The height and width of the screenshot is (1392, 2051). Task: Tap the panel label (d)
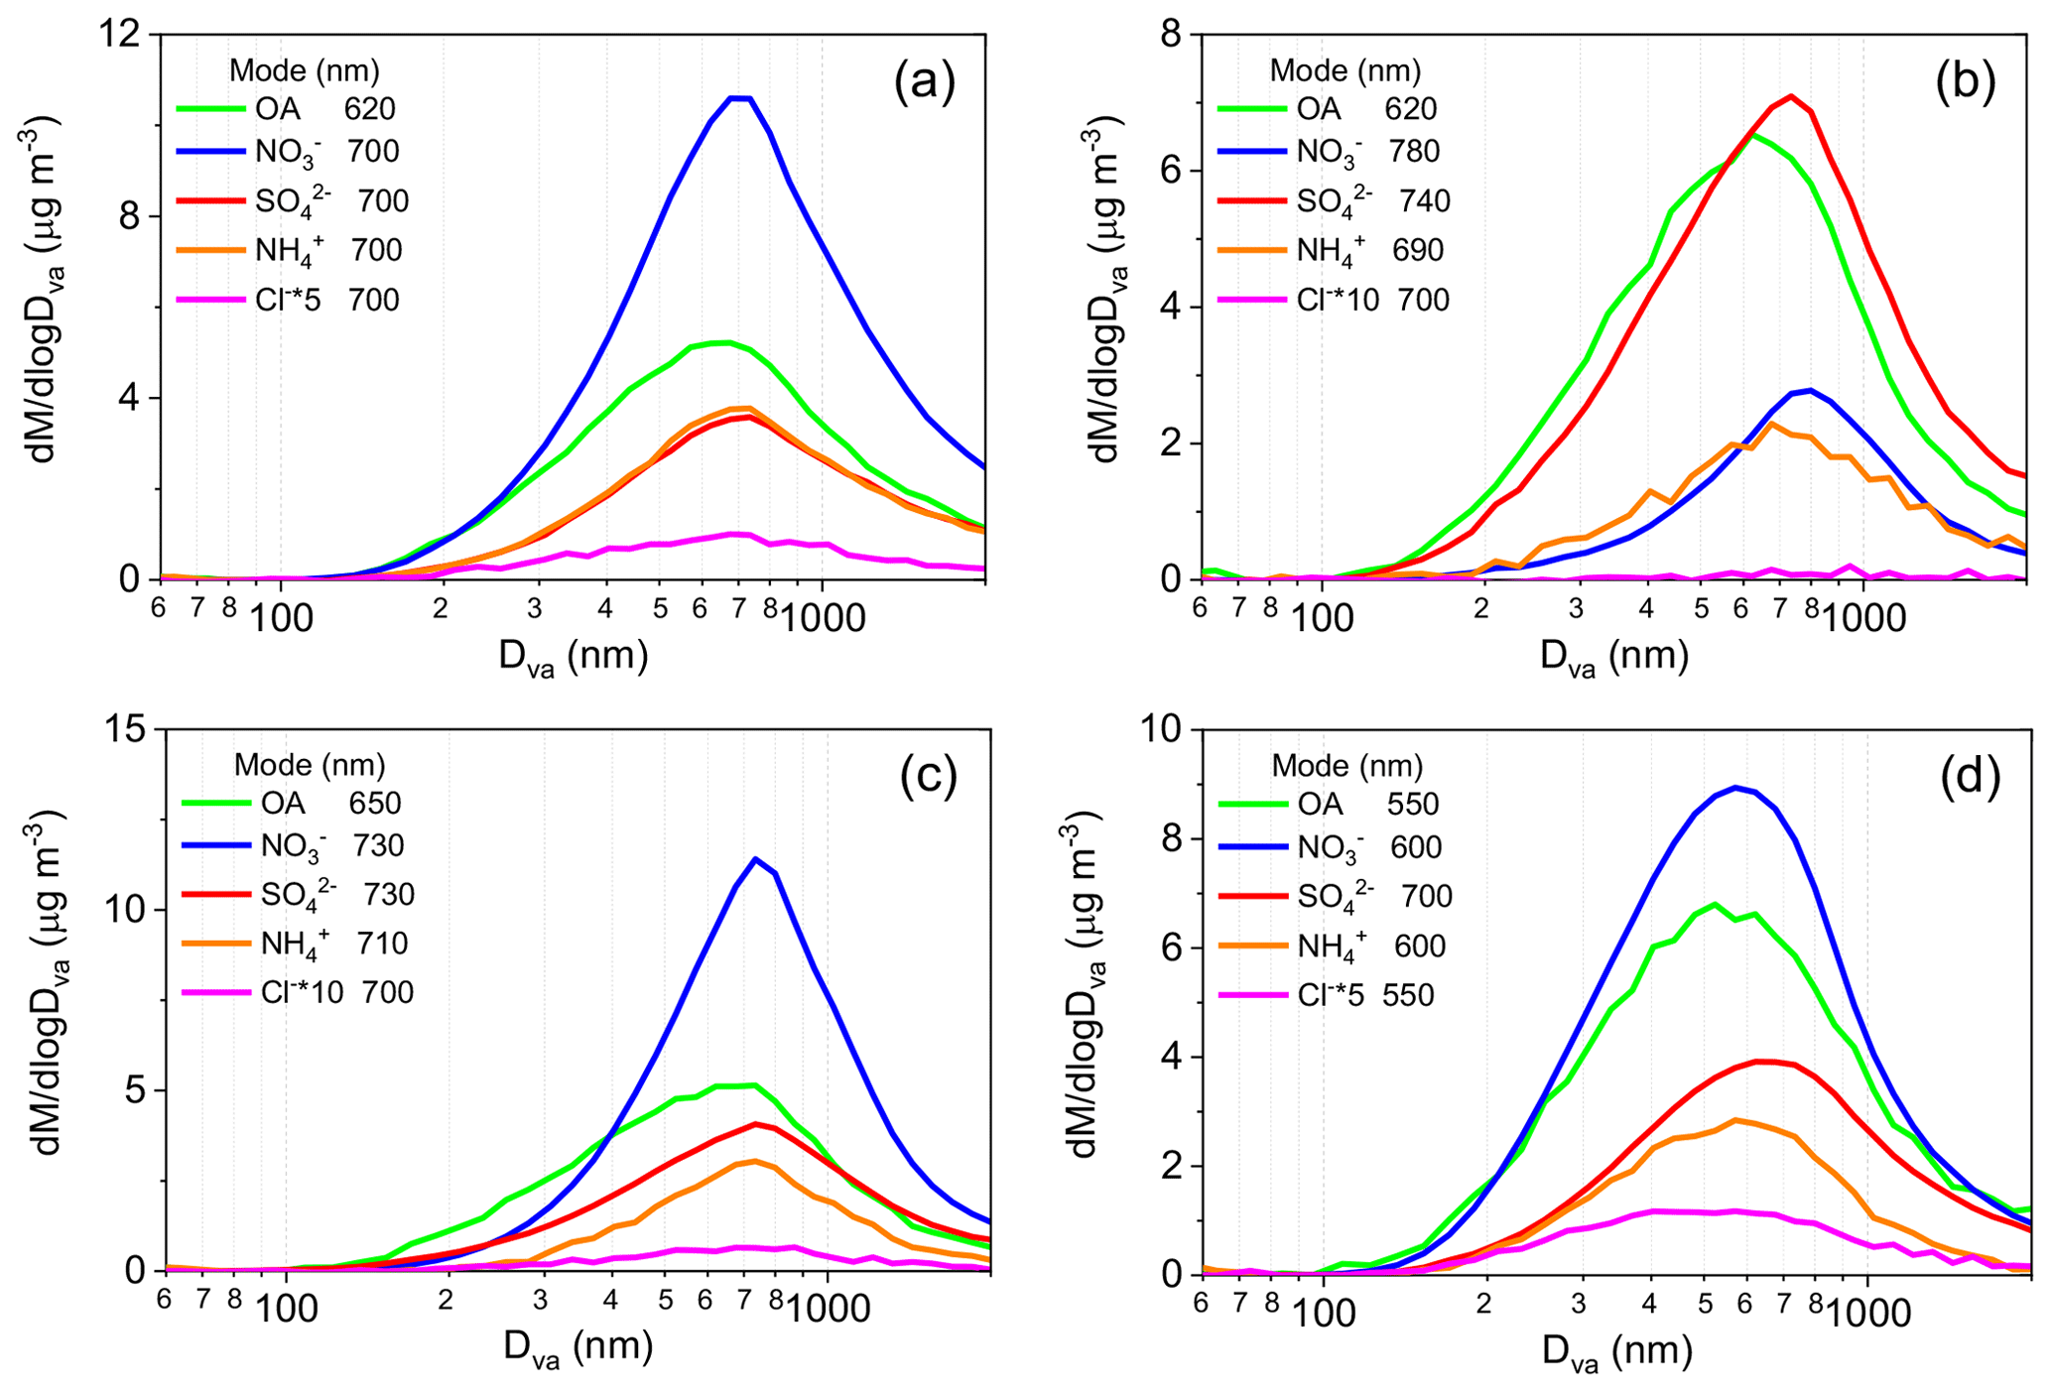click(1970, 777)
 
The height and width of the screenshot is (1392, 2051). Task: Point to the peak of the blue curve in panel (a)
click(740, 98)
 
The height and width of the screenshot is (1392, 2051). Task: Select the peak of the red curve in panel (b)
click(1790, 96)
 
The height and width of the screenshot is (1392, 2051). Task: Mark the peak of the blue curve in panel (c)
click(756, 859)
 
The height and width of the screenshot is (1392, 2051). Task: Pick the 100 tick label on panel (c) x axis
click(287, 1310)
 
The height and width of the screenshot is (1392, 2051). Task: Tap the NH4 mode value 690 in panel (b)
click(1417, 250)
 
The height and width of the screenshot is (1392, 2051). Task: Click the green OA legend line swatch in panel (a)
click(210, 109)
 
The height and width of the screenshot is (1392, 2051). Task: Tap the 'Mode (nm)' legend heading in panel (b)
click(1346, 71)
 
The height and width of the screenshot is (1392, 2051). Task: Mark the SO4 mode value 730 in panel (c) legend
click(388, 894)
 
